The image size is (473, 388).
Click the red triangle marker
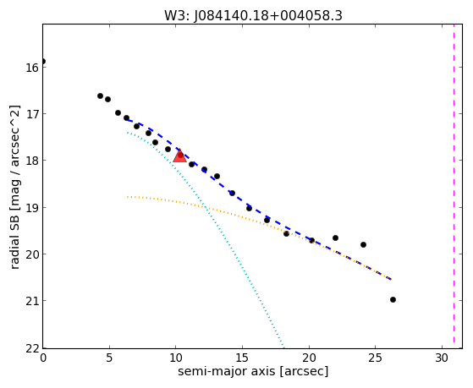point(179,156)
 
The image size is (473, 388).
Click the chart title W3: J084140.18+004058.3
point(253,16)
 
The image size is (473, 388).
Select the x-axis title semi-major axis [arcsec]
point(253,371)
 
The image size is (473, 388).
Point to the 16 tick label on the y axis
point(31,68)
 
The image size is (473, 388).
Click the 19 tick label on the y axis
point(31,208)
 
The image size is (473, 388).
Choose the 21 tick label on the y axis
point(31,301)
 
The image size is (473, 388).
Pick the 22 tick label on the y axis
point(31,348)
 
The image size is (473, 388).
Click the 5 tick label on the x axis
point(109,358)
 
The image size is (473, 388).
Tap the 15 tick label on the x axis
point(242,358)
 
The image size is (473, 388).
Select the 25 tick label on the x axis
point(375,358)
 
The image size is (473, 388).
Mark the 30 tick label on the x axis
point(442,358)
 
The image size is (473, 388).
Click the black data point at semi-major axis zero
point(43,62)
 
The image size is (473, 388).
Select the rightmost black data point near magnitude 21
point(393,300)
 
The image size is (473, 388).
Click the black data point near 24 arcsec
point(363,245)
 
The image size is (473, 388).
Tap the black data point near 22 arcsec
point(335,238)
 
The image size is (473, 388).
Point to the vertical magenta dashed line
point(454,186)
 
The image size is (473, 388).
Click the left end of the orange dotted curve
point(128,197)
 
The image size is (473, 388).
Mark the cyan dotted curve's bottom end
point(283,346)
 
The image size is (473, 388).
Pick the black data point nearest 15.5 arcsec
point(249,208)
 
